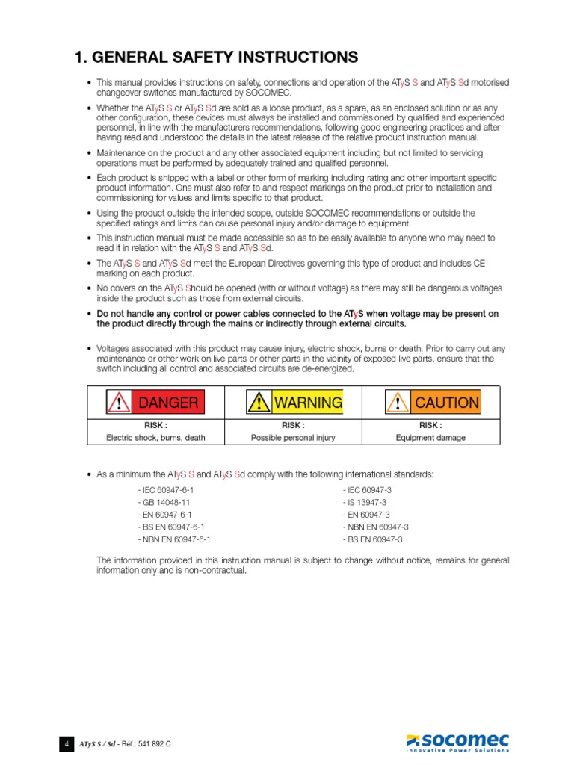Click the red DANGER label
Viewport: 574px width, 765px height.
[x=168, y=403]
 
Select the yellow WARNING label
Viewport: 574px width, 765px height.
[x=308, y=403]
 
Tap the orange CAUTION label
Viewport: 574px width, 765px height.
[x=446, y=403]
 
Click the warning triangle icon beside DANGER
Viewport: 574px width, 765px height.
[x=118, y=403]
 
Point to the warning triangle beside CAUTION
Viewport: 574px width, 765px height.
[x=398, y=403]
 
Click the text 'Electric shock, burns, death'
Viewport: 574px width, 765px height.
[x=155, y=438]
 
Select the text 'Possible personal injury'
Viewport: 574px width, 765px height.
[x=293, y=438]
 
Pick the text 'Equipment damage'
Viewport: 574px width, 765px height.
[x=430, y=438]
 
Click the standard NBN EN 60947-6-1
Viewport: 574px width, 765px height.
[x=174, y=539]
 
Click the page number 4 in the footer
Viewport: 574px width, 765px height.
[x=67, y=744]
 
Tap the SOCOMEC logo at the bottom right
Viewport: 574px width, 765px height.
[x=457, y=743]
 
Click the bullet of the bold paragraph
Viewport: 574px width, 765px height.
[x=90, y=315]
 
